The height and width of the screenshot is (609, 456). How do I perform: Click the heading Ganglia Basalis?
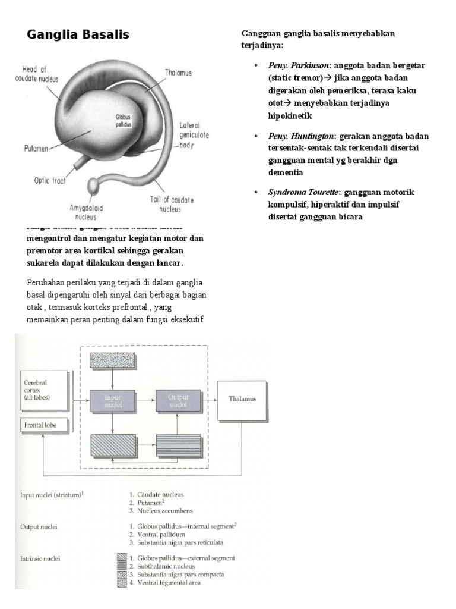[x=78, y=34]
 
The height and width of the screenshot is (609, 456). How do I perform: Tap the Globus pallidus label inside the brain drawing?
[x=123, y=121]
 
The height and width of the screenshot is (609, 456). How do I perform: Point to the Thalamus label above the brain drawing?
[x=178, y=73]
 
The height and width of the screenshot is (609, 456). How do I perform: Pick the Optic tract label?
[x=49, y=181]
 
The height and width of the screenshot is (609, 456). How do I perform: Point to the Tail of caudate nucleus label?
[x=172, y=205]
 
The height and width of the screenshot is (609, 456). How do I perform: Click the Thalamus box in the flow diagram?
[x=243, y=400]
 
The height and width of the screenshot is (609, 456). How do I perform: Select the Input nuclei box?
[x=112, y=401]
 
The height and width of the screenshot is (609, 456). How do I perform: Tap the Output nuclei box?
[x=178, y=401]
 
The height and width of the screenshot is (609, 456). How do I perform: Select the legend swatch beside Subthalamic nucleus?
[x=122, y=566]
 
